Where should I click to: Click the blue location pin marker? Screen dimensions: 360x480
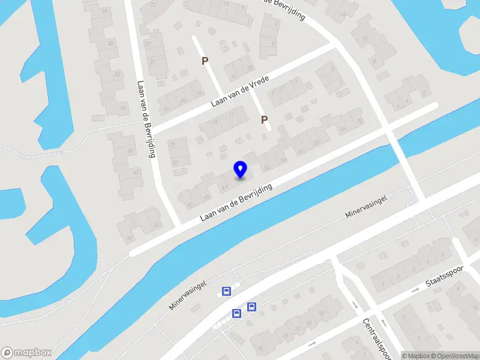point(240,170)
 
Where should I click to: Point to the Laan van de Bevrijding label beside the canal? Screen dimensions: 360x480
point(236,202)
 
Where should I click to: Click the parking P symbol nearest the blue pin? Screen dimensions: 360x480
point(264,120)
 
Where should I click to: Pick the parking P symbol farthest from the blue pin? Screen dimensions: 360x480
point(205,61)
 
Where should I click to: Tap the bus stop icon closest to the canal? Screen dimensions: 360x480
point(226,292)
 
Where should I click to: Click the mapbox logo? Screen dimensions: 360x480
point(26,352)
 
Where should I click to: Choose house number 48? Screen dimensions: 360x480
point(110,44)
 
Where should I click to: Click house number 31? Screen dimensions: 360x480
point(154,61)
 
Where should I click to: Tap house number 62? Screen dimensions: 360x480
point(136,173)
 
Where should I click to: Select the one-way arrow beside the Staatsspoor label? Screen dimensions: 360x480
point(416,290)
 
